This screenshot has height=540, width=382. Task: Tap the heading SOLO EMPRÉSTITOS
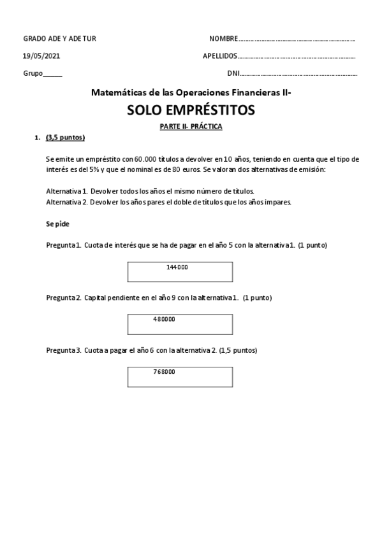(191, 111)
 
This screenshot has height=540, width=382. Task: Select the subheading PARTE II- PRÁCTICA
(191, 127)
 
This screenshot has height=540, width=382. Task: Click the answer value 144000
(177, 267)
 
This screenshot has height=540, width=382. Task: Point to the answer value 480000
(164, 319)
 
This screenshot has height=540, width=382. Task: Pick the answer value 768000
(164, 372)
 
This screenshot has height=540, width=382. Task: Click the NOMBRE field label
(224, 39)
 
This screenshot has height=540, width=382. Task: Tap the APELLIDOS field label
(220, 56)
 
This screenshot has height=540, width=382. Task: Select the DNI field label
(233, 73)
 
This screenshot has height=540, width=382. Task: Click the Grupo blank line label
(33, 73)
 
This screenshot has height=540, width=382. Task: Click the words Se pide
(57, 224)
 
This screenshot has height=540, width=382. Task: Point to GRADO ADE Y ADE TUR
(59, 39)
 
